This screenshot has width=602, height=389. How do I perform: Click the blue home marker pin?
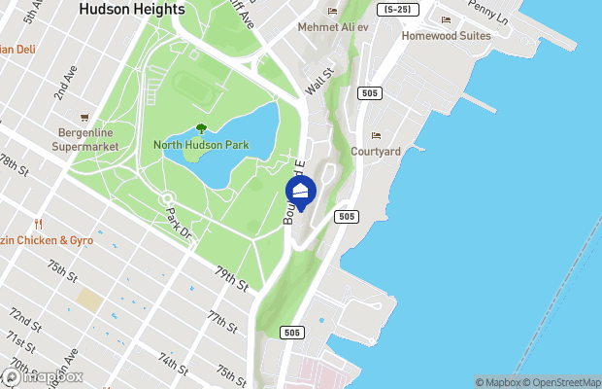(300, 193)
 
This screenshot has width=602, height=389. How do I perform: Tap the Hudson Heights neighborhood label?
(132, 9)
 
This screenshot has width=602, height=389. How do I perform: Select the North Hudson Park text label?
(201, 145)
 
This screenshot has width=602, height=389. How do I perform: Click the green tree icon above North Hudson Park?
(201, 128)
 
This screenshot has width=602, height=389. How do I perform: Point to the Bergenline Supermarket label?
(85, 139)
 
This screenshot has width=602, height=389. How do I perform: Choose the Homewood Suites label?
(447, 36)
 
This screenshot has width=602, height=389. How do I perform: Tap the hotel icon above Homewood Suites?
(446, 20)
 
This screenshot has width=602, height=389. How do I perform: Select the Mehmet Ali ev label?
(333, 26)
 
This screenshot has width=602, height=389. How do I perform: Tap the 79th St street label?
(233, 280)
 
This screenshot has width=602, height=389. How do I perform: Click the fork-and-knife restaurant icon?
(39, 223)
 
